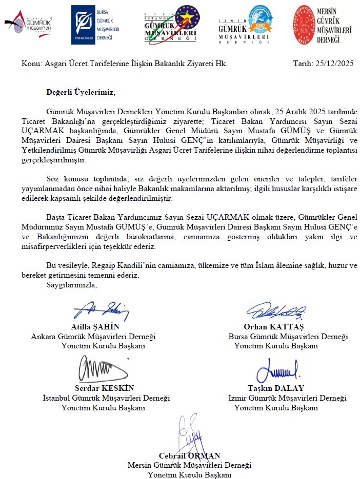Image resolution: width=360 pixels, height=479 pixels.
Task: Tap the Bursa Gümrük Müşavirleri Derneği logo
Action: click(x=95, y=25)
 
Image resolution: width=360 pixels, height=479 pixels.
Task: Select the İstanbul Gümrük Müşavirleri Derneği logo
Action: click(x=171, y=24)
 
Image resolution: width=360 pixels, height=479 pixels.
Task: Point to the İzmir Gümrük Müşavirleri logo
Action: click(x=245, y=25)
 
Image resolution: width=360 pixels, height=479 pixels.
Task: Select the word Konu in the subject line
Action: click(x=30, y=64)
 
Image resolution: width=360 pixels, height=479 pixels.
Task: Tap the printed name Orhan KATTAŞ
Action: click(x=274, y=327)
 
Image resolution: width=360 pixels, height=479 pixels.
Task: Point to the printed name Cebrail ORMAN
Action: click(x=189, y=455)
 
